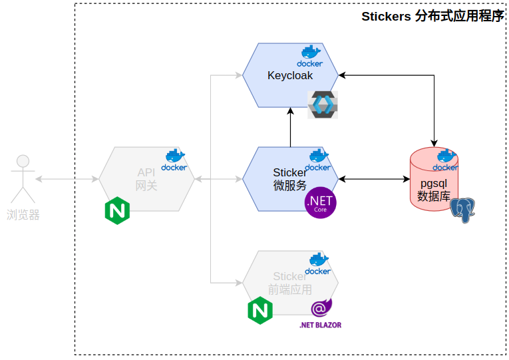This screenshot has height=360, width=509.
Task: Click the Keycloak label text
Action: click(290, 75)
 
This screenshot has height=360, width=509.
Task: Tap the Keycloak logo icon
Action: click(323, 104)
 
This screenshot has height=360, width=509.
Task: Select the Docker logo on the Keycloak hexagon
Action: click(310, 56)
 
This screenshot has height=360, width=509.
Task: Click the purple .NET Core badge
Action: click(321, 202)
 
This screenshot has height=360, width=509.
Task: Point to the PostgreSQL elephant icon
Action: click(462, 210)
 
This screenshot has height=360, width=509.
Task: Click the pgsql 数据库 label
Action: click(434, 190)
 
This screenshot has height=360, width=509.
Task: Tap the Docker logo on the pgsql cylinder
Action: click(445, 160)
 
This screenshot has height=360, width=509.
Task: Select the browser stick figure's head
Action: click(23, 161)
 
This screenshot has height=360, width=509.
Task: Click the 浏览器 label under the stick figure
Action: click(23, 215)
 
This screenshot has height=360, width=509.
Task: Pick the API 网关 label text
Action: click(146, 179)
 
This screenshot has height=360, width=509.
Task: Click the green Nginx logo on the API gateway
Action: click(118, 210)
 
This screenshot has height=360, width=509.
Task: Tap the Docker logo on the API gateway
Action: click(174, 160)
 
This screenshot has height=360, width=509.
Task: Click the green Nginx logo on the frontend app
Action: click(260, 311)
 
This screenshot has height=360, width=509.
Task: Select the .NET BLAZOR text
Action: click(321, 325)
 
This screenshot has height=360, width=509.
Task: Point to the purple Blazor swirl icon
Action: click(321, 307)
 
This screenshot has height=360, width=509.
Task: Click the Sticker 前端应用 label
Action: click(290, 283)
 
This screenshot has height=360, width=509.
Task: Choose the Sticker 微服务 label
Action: click(290, 179)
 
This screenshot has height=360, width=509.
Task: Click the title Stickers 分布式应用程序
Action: click(433, 16)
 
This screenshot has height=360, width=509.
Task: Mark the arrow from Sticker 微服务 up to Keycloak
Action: click(291, 127)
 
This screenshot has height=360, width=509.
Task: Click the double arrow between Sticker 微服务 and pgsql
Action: click(375, 179)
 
